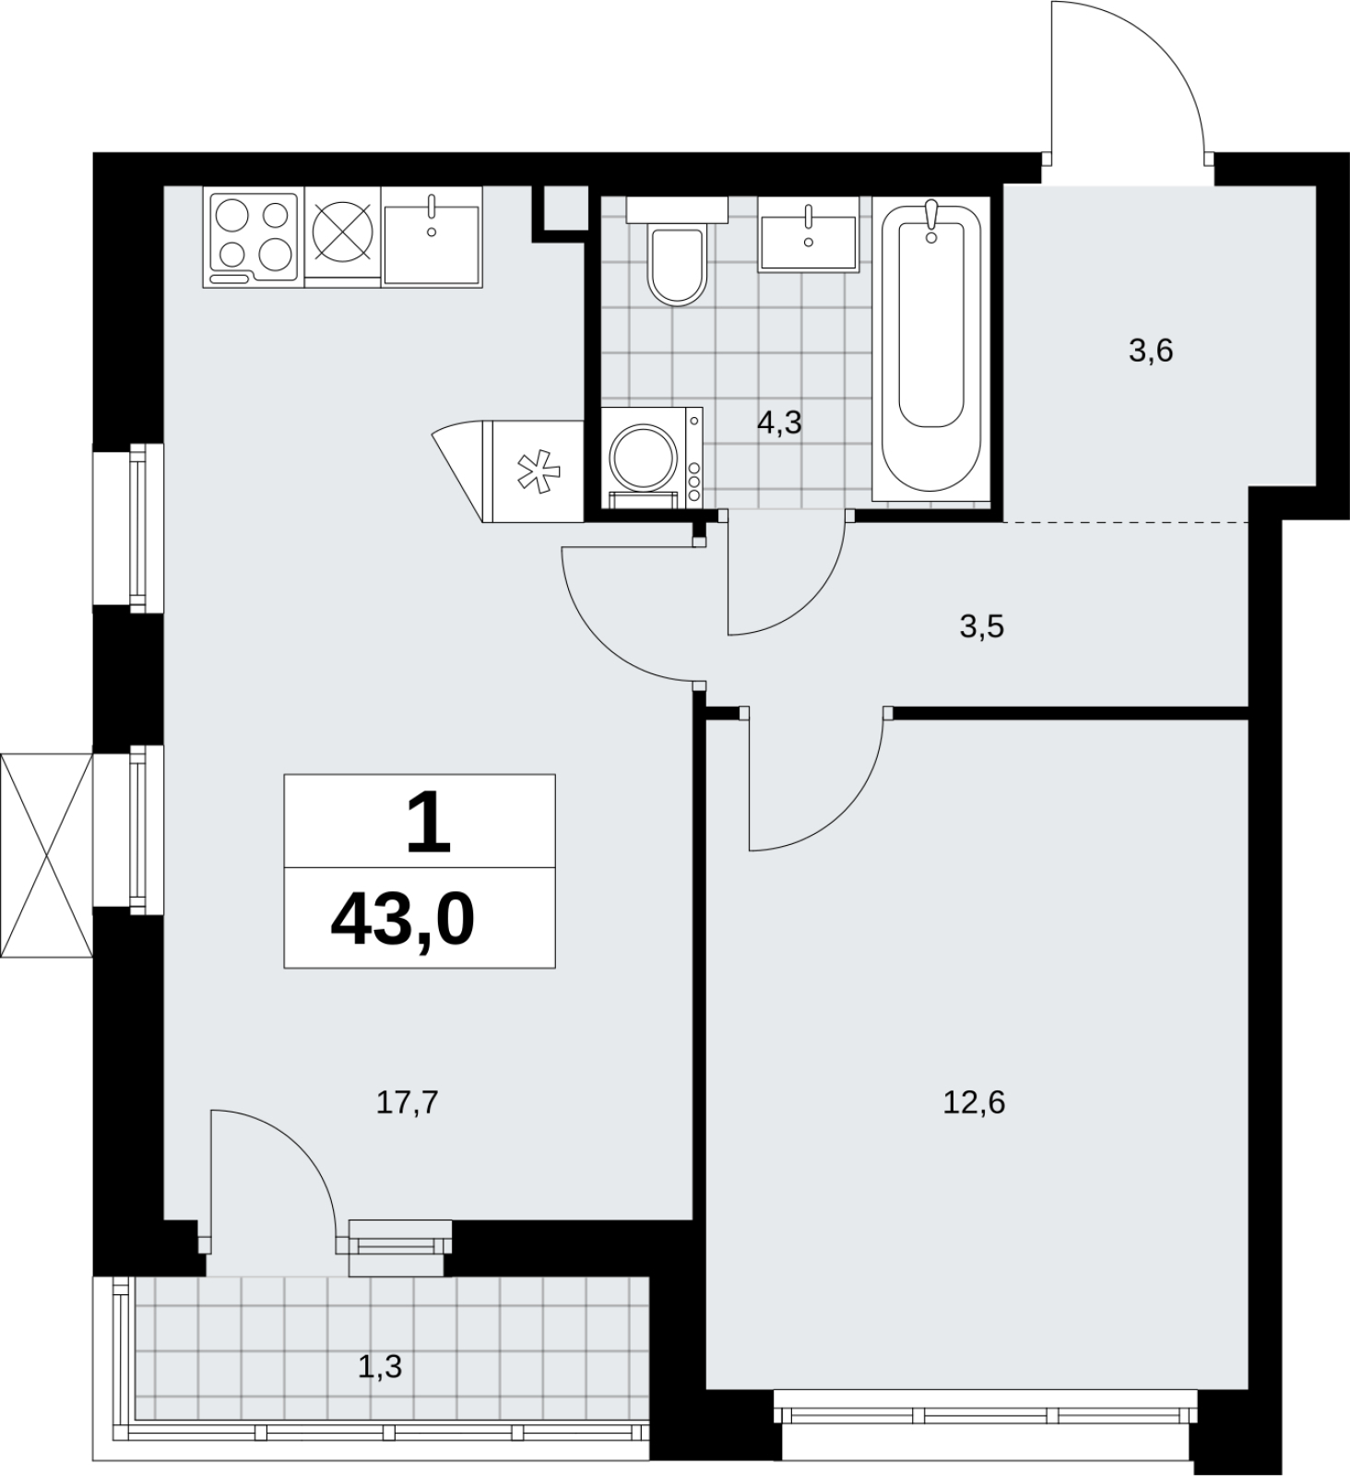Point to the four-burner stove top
coord(253,238)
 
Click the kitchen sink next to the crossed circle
coord(432,238)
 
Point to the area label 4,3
coord(779,423)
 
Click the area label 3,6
coord(1151,351)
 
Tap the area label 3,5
coord(981,626)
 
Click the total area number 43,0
coord(402,920)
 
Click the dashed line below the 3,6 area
coord(1126,522)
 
